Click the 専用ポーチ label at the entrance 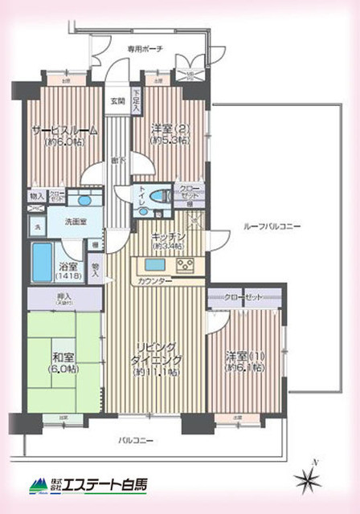pos(145,49)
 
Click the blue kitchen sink pos(155,266)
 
